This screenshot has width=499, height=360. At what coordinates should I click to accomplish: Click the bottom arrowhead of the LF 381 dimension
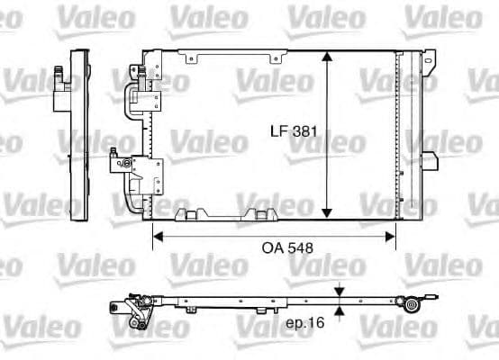[326, 214]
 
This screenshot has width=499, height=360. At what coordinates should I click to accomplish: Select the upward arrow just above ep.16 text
[340, 311]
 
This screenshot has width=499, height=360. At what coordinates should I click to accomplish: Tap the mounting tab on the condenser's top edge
[190, 58]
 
